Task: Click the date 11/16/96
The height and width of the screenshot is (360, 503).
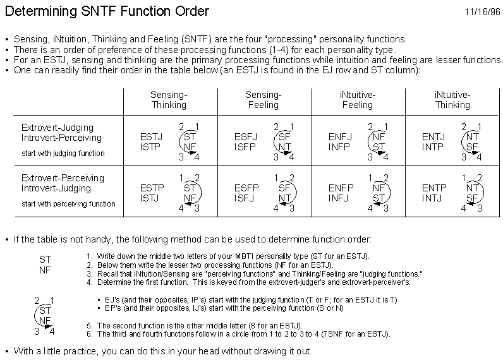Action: click(x=483, y=12)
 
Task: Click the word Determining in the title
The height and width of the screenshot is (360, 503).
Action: click(x=41, y=11)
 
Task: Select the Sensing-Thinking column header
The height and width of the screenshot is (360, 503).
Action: click(x=169, y=100)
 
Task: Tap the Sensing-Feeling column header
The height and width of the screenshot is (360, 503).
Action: click(x=263, y=100)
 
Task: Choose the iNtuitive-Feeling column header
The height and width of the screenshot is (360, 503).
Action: click(x=358, y=100)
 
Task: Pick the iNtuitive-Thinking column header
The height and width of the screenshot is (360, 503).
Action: click(x=452, y=100)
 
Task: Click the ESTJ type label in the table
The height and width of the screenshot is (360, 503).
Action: click(x=151, y=137)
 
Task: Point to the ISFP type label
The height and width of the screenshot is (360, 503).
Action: click(x=245, y=147)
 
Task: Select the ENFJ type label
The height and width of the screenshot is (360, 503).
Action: click(x=340, y=137)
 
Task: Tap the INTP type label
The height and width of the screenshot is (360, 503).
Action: click(x=432, y=147)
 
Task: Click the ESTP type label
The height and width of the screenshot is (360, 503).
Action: click(x=152, y=188)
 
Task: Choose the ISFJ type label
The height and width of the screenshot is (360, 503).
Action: click(x=244, y=198)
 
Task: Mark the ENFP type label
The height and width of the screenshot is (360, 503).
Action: click(x=341, y=188)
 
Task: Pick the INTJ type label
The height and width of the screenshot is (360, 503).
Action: click(x=432, y=198)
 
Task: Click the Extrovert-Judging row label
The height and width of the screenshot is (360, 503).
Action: click(x=58, y=128)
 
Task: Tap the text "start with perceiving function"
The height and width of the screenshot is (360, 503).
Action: click(x=68, y=204)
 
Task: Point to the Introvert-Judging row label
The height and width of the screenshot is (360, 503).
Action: click(x=56, y=188)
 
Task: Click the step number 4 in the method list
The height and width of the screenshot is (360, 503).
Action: click(x=90, y=282)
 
